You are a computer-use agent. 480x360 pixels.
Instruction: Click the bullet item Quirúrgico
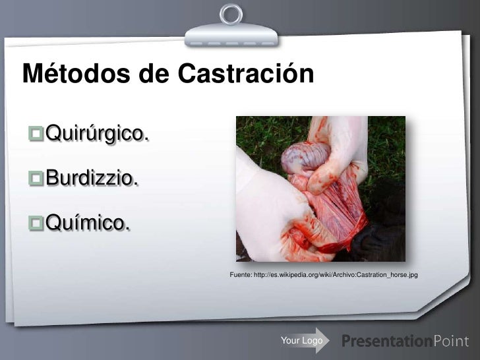click(x=96, y=135)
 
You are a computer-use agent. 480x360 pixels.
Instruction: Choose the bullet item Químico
click(x=86, y=224)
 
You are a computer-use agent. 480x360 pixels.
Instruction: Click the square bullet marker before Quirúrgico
click(x=36, y=135)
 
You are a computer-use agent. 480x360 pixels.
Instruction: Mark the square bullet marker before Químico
click(x=36, y=224)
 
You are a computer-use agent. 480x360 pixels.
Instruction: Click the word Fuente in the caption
click(x=239, y=274)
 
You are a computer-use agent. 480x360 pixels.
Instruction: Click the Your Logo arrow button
click(x=303, y=340)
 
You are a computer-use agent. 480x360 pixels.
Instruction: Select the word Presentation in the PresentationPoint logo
click(x=387, y=341)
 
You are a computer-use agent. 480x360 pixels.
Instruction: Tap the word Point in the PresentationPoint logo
click(x=451, y=341)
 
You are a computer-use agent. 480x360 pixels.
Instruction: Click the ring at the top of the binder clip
click(x=231, y=13)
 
